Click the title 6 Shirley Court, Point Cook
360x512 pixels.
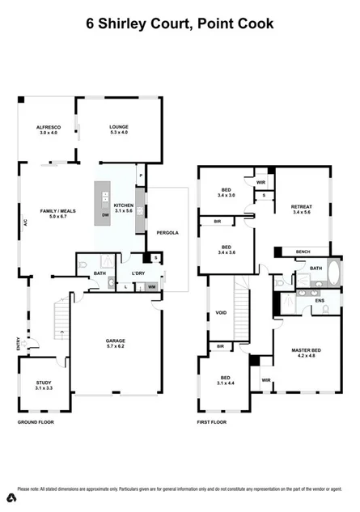pos(180,23)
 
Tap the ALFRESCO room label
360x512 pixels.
pos(49,127)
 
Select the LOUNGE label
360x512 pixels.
pos(119,127)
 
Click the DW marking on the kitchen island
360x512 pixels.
pos(106,215)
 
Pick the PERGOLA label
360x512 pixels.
pos(167,232)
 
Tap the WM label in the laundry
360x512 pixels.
pos(150,286)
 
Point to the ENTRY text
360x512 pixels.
pos(18,344)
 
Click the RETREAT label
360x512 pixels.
pos(301,207)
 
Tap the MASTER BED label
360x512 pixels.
pos(306,349)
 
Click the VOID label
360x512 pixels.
pos(221,312)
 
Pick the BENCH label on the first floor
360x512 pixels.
pos(303,252)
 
